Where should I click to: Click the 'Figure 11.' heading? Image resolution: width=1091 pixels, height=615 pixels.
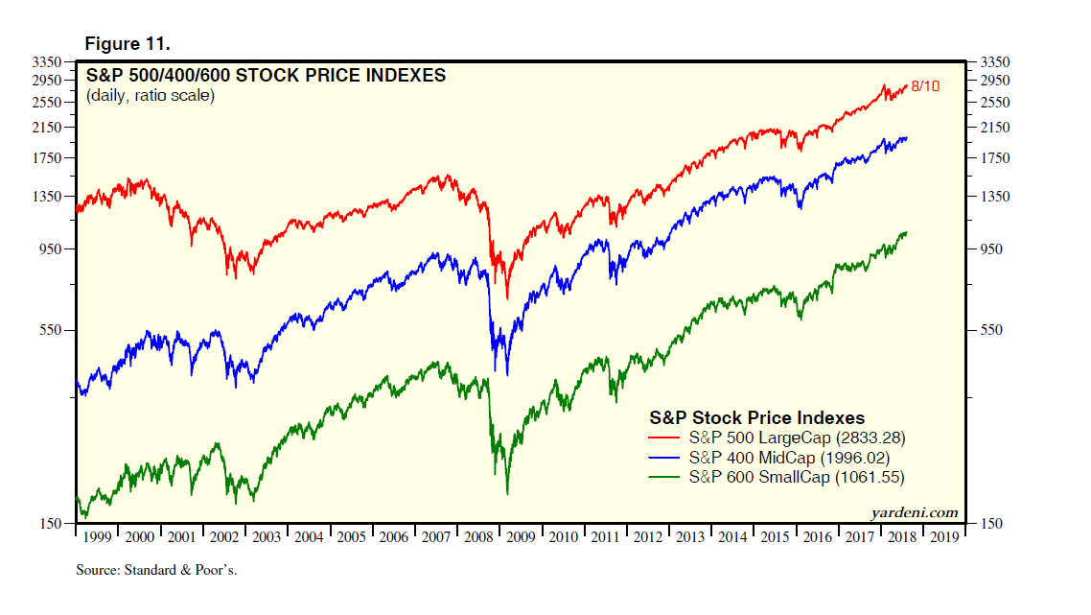[x=128, y=44]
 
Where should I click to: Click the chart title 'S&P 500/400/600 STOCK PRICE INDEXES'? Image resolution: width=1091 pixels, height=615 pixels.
[x=266, y=75]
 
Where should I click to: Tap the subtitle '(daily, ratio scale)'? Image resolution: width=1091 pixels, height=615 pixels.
[x=151, y=95]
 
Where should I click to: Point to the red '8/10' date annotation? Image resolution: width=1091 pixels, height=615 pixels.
[x=925, y=86]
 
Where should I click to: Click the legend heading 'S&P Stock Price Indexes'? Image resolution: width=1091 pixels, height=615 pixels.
[x=757, y=417]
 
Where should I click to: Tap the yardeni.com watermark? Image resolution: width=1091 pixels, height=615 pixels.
[x=914, y=512]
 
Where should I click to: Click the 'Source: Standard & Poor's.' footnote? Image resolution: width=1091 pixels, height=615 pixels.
[x=156, y=570]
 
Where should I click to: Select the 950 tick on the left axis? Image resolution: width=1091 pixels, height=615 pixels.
[x=51, y=249]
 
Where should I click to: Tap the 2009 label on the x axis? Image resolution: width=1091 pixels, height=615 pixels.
[x=522, y=537]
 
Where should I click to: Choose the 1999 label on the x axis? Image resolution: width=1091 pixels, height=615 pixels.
[x=98, y=537]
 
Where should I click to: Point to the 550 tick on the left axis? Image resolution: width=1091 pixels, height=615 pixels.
[x=51, y=330]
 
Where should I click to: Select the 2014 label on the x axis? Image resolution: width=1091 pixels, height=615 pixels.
[x=732, y=537]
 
